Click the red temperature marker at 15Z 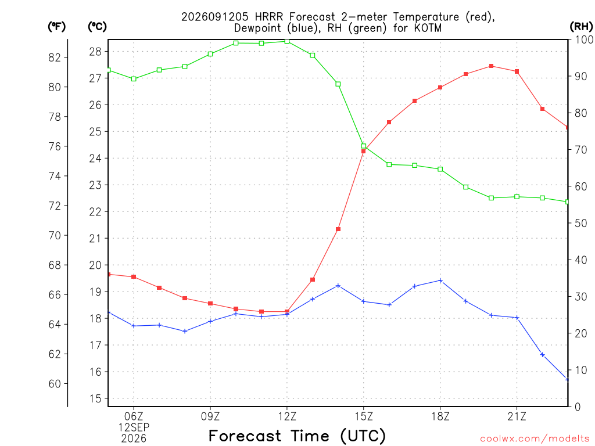(x=363, y=152)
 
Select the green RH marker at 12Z (x=287, y=41)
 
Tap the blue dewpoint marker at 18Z (x=440, y=280)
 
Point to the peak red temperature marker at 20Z (x=491, y=66)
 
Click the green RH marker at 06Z (x=134, y=79)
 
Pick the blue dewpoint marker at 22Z (x=542, y=355)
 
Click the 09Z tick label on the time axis (x=210, y=416)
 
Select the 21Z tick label (x=517, y=416)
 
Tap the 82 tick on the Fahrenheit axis (x=55, y=57)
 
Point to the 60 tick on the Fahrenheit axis (x=55, y=384)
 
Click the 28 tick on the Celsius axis (x=96, y=52)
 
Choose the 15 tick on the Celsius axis (x=96, y=398)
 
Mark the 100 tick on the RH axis (x=585, y=39)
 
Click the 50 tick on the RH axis (x=581, y=223)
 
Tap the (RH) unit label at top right (x=581, y=27)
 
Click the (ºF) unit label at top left (x=56, y=27)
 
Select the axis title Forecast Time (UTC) (x=297, y=436)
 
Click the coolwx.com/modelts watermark (x=535, y=439)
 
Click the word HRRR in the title (x=269, y=17)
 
